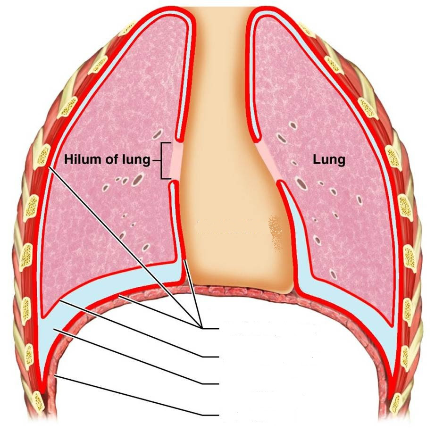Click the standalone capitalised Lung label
coord(329,160)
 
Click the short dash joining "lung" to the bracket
coord(156,160)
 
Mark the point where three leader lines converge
coord(201,327)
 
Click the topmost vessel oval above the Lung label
coord(293,125)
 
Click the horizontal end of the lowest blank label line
coord(211,415)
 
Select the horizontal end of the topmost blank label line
coord(211,329)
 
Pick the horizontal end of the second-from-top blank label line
coord(211,357)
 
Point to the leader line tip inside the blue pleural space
coord(54,329)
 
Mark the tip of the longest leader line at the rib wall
coord(49,166)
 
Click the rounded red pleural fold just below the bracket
coord(173,183)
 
